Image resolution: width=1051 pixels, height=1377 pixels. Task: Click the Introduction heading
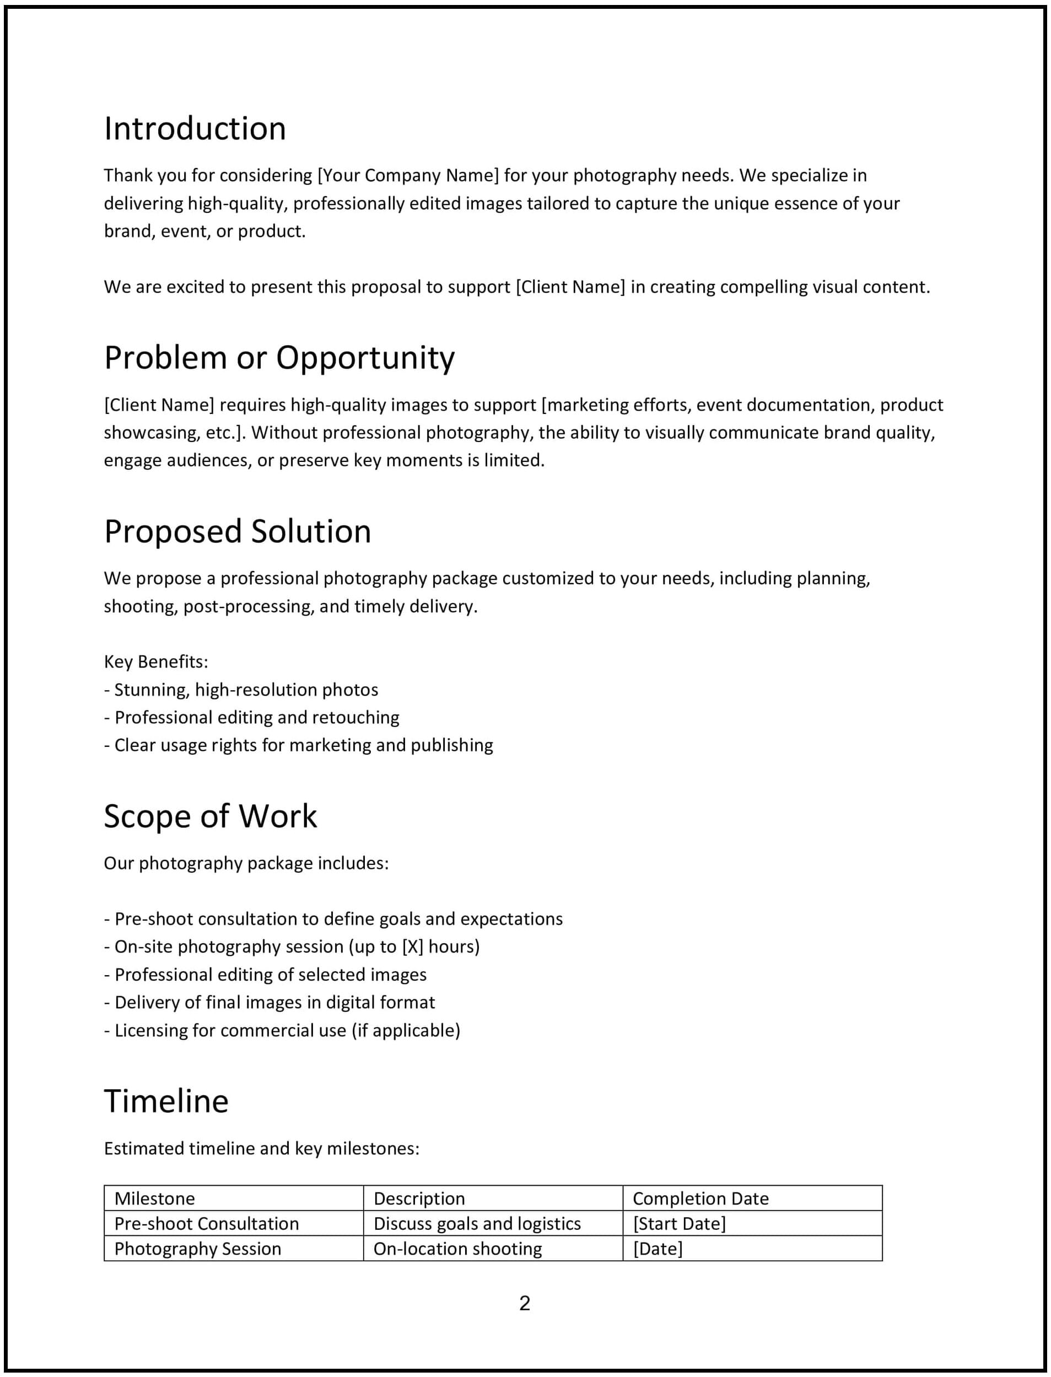[195, 129]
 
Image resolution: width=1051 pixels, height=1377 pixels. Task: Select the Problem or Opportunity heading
[279, 358]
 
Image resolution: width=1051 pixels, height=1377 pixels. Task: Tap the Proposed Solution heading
[237, 531]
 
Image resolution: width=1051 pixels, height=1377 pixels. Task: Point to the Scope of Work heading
[210, 816]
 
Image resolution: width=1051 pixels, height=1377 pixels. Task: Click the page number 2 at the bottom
[524, 1303]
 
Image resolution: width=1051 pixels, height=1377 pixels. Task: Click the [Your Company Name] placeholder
[408, 175]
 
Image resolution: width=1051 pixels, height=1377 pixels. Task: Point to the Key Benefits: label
[156, 661]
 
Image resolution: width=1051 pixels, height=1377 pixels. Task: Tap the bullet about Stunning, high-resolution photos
[241, 690]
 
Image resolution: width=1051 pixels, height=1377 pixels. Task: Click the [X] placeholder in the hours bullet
[412, 946]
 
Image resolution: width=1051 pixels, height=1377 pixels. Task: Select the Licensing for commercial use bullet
[282, 1030]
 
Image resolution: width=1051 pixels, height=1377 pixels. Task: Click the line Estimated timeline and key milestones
[261, 1149]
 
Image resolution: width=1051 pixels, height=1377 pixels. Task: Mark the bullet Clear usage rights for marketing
[298, 745]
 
